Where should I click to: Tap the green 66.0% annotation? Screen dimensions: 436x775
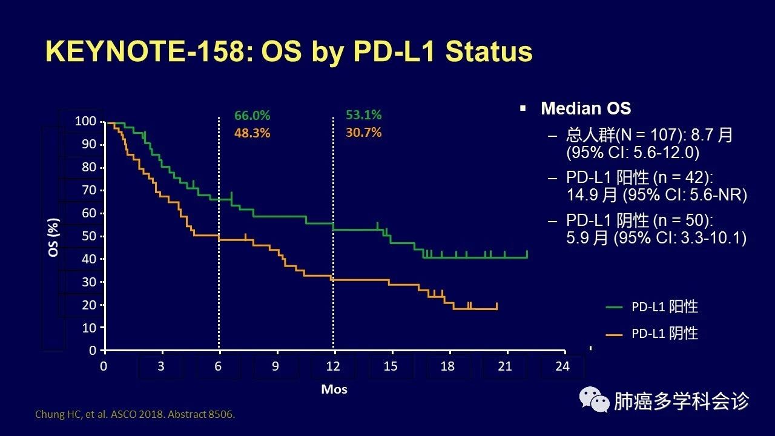[x=252, y=116]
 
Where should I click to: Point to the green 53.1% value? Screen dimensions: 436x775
[x=363, y=115]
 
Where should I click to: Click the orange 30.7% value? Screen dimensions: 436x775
[x=363, y=132]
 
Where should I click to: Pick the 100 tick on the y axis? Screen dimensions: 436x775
[x=85, y=121]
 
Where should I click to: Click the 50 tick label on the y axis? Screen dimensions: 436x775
[x=88, y=236]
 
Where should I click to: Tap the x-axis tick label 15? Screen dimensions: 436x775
[x=391, y=366]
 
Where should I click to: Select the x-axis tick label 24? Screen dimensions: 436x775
[x=562, y=366]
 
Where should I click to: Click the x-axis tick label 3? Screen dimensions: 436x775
[x=162, y=366]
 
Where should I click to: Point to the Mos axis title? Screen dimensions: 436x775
[x=334, y=389]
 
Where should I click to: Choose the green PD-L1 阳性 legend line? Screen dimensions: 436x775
[x=614, y=308]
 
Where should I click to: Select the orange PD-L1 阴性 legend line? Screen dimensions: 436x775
[x=614, y=334]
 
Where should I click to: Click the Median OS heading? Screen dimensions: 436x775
[x=585, y=108]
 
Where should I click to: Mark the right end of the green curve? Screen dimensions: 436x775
[x=527, y=257]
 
